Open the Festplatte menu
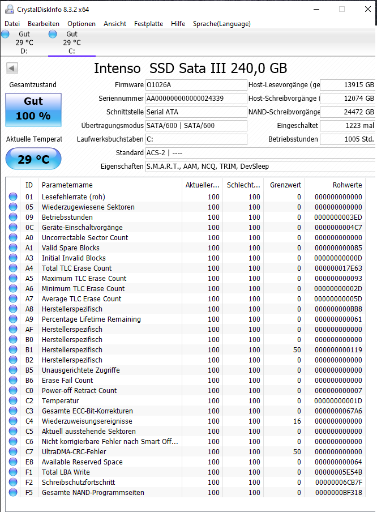148,24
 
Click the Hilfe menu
178,24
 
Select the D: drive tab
24,42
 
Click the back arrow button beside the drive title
12,69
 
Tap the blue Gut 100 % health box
33,109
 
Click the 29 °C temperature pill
33,159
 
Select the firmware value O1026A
196,85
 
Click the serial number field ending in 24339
196,99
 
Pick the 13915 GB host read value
348,85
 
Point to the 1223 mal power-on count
348,126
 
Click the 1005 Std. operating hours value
348,139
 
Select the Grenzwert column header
285,185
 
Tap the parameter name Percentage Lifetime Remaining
91,319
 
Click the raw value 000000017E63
338,268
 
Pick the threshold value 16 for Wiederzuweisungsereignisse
297,421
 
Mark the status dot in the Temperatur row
13,401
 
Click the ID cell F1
29,472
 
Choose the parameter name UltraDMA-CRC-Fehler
74,452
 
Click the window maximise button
342,9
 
